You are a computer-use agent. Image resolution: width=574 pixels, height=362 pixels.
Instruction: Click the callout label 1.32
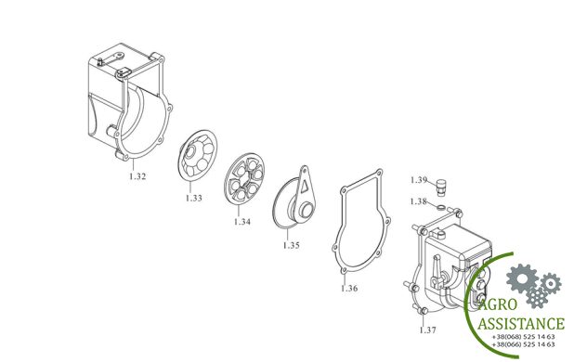(137, 176)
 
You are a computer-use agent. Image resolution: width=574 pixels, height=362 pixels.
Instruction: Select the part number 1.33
(193, 199)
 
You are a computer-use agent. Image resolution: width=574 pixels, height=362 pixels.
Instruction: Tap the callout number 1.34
(242, 222)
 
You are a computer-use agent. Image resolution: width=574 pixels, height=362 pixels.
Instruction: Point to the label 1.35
(292, 245)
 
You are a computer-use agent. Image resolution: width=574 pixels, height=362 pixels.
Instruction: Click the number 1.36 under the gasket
(349, 289)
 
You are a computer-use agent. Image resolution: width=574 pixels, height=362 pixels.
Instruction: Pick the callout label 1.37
(427, 330)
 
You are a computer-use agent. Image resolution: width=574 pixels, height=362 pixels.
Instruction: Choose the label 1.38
(418, 201)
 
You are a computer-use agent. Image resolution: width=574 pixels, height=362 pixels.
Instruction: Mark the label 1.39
(419, 180)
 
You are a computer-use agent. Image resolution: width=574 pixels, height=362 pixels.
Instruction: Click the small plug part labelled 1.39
(443, 187)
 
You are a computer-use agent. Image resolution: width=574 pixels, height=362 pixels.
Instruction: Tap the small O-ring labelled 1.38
(441, 207)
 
